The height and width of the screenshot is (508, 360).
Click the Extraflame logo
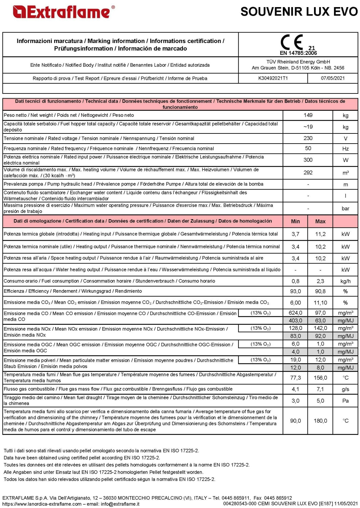point(64,12)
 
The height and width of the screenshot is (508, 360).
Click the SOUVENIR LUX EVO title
point(299,12)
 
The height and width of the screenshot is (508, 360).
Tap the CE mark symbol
point(292,42)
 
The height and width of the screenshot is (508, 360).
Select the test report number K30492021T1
point(273,78)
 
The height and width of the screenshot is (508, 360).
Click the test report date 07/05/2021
point(333,78)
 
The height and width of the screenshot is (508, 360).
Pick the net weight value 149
point(308,115)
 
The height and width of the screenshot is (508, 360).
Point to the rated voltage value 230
point(308,138)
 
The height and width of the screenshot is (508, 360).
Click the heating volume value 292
point(308,172)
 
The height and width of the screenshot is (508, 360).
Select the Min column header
point(295,221)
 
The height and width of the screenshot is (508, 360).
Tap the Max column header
point(320,221)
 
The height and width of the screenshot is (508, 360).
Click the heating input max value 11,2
point(320,234)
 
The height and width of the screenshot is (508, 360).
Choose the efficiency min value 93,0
point(295,291)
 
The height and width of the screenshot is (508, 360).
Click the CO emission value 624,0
point(295,313)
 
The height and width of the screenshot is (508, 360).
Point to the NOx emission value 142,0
point(320,328)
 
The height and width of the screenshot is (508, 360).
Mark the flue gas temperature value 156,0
point(320,378)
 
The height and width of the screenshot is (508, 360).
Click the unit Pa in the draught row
point(345,401)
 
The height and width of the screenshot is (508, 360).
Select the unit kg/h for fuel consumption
point(345,281)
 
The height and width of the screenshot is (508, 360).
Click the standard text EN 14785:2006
point(298,53)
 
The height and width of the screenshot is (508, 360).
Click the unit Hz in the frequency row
point(345,149)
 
